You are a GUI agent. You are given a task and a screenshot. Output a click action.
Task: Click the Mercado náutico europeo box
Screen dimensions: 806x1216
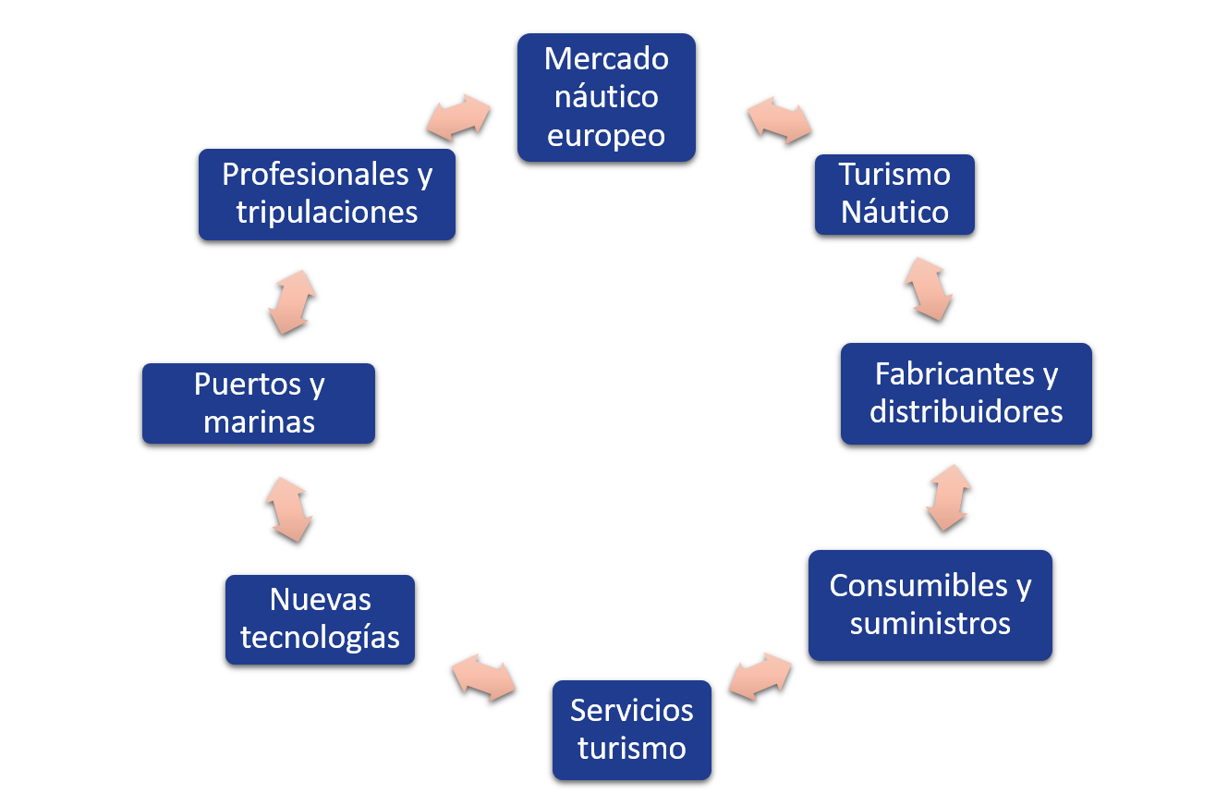pos(606,97)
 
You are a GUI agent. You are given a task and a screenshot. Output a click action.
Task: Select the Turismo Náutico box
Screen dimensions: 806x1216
pos(894,194)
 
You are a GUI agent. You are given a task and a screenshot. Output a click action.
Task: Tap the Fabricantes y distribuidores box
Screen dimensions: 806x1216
pos(966,393)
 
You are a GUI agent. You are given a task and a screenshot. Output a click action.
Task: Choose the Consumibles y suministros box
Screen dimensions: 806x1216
pos(930,604)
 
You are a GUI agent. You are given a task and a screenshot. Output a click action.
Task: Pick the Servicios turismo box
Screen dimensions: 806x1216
pos(632,729)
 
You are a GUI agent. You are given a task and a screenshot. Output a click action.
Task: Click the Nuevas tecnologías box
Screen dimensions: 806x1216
pos(320,619)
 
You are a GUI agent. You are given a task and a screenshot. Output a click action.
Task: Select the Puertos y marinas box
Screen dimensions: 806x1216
pos(259,403)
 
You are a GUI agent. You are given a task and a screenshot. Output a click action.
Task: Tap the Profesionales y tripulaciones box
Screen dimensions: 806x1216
pos(327,194)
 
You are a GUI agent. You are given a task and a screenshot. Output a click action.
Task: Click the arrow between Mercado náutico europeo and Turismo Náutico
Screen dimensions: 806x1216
pos(779,121)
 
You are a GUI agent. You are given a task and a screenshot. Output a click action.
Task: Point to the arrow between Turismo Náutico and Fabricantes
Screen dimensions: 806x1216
pos(929,288)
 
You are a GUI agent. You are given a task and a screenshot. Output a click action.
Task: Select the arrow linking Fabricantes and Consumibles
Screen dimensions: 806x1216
pos(949,497)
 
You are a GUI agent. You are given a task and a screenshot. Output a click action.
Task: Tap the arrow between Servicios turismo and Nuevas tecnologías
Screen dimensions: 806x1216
pos(483,678)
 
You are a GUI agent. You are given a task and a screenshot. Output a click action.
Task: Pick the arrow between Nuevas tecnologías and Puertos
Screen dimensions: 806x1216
pos(288,509)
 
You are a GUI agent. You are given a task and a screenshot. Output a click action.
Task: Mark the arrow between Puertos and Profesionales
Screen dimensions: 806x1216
pos(292,302)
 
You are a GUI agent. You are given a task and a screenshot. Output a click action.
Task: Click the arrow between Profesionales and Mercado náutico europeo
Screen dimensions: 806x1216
pos(458,117)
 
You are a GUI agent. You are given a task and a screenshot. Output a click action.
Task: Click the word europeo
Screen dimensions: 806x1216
pos(606,136)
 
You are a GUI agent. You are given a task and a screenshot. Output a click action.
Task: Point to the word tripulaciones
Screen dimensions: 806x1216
pos(327,213)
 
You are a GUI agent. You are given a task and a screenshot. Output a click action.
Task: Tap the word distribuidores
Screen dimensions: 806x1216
pos(966,411)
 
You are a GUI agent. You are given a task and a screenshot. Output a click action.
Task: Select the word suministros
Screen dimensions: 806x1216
pos(930,624)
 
